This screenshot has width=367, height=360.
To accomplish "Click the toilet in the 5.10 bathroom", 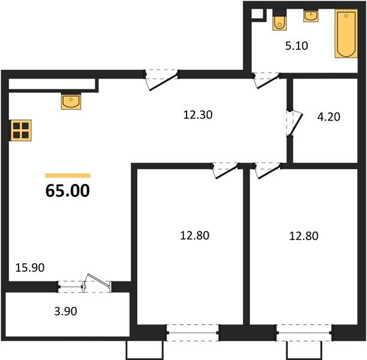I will point(279,21).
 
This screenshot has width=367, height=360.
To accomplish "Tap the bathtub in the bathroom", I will point(344,34).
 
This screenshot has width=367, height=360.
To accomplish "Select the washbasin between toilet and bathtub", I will point(311,16).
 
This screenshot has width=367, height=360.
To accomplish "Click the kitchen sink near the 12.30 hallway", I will point(71,101).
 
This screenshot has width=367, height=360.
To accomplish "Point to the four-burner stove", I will point(21,130).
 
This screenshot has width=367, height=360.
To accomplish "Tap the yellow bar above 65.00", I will point(68,175).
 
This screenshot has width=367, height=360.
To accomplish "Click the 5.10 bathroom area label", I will point(296,45).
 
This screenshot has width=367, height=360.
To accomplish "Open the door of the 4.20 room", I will point(292,123).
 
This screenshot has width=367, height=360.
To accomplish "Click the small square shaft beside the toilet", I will point(257,14).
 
